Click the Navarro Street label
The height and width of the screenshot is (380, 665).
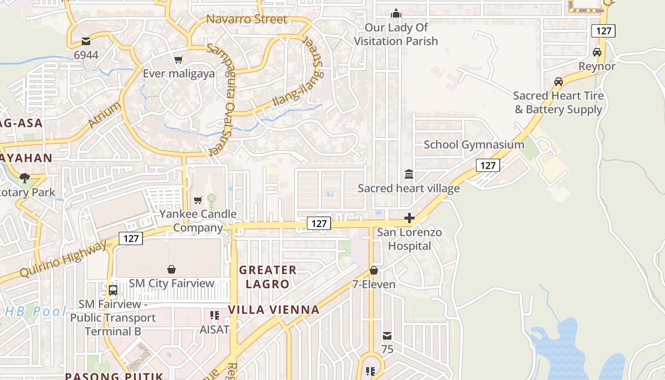coord(247,19)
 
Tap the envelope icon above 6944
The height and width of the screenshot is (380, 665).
coord(86,41)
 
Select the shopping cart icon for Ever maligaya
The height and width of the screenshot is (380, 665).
coord(179,59)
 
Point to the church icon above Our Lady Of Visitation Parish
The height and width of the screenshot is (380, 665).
coord(396,14)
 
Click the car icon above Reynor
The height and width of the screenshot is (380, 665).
coord(597,52)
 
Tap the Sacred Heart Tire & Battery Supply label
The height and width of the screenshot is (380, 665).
coord(558,103)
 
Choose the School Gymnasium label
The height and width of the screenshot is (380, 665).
coord(474,144)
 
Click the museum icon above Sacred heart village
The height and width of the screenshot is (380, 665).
coord(408,174)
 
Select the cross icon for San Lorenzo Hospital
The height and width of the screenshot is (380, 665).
coord(409,218)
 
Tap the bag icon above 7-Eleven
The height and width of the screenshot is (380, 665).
coord(374,270)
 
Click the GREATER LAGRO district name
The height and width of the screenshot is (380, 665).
coord(267,277)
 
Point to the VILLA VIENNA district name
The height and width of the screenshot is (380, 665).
coord(274,310)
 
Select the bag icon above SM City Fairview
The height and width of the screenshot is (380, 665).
coord(171,269)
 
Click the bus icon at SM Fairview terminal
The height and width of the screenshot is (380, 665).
coord(113,290)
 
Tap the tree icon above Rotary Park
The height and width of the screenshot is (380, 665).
coord(24,179)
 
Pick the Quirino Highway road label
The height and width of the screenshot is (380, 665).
coord(64,260)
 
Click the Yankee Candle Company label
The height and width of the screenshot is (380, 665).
coord(198,220)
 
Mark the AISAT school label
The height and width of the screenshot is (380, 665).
coord(215,329)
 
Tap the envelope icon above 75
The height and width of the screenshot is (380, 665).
coord(387,336)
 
